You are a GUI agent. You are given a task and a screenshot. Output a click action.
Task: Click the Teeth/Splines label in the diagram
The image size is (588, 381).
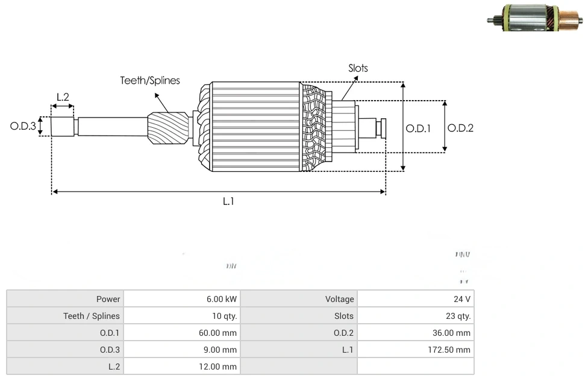pyautogui.click(x=150, y=80)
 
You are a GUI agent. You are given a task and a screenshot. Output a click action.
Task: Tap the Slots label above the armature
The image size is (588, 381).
pyautogui.click(x=358, y=68)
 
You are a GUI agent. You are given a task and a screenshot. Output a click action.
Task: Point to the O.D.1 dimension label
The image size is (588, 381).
pyautogui.click(x=418, y=128)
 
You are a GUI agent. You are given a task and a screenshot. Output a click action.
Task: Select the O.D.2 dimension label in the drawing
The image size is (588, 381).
pyautogui.click(x=461, y=128)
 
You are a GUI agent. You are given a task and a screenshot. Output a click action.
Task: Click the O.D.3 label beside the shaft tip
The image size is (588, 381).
pyautogui.click(x=23, y=127)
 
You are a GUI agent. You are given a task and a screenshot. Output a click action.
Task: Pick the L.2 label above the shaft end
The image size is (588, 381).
pyautogui.click(x=63, y=96)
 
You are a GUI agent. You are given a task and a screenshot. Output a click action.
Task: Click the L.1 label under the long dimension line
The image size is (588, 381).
pyautogui.click(x=228, y=201)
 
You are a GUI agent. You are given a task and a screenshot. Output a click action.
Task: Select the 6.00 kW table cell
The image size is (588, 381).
pyautogui.click(x=222, y=299)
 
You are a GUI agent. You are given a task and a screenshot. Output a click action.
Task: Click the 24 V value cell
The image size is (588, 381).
pyautogui.click(x=462, y=299)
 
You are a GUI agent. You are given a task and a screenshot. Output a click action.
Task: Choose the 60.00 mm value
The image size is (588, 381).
pyautogui.click(x=217, y=333)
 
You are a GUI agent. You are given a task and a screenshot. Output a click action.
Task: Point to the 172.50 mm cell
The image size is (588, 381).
pyautogui.click(x=449, y=350)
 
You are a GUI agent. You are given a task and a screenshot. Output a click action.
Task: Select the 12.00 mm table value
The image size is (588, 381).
pyautogui.click(x=217, y=367)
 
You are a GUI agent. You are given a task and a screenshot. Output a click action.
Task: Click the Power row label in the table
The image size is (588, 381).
pyautogui.click(x=108, y=299)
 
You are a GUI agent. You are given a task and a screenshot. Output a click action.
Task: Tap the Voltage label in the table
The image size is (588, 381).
pyautogui.click(x=340, y=299)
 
